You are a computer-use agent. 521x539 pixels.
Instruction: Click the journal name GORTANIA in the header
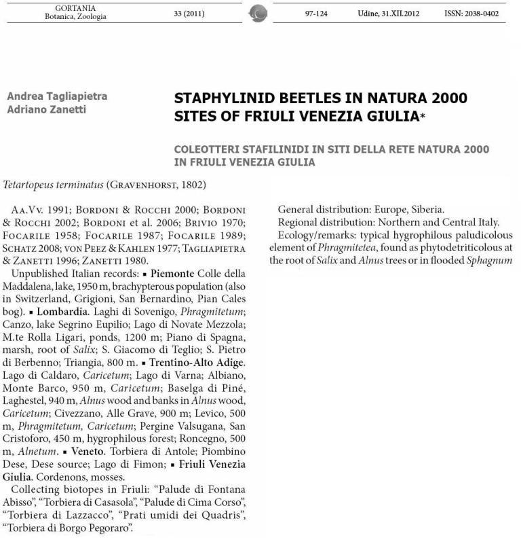coord(75,7)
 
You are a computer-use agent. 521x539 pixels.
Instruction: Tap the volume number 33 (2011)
coord(189,13)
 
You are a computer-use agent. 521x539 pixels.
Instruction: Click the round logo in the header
coord(258,13)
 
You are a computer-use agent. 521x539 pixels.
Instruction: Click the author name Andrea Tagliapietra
coord(57,96)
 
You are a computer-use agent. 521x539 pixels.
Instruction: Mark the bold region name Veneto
coord(84,451)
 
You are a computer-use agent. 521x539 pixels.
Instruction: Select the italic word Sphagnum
coord(489,260)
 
